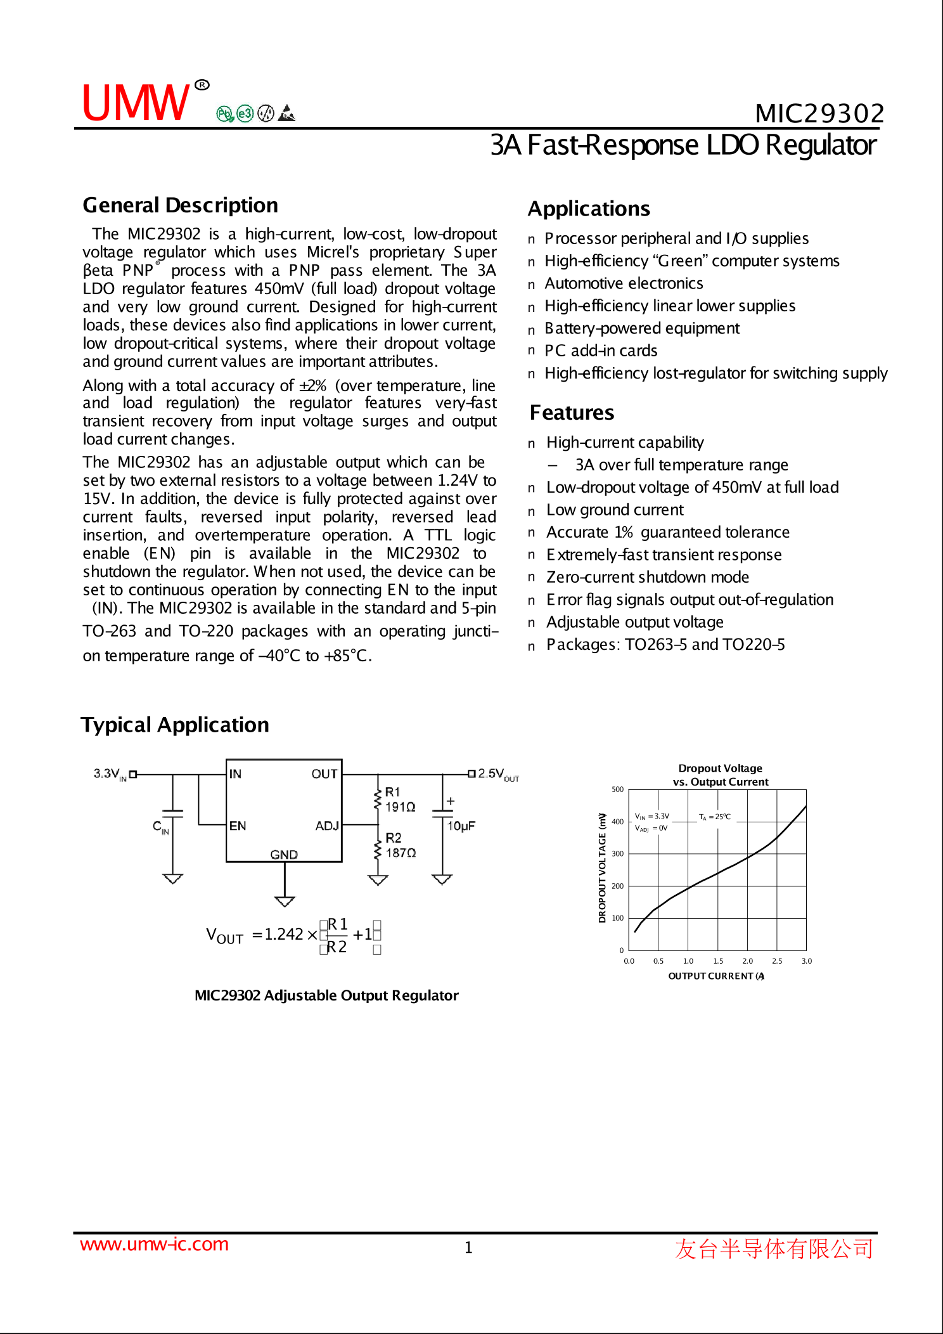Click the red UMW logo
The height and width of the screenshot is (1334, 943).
(136, 103)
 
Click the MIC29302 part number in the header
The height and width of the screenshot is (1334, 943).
(819, 114)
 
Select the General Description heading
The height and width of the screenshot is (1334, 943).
(180, 205)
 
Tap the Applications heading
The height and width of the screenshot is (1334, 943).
(589, 209)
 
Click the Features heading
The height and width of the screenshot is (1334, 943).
(572, 413)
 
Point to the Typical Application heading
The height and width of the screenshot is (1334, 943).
(175, 725)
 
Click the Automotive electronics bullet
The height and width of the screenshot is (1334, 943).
(624, 283)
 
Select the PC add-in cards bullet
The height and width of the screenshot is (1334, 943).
(601, 351)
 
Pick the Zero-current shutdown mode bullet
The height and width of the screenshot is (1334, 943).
(647, 577)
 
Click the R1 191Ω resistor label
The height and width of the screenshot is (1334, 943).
(400, 800)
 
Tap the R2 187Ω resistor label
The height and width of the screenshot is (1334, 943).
(401, 846)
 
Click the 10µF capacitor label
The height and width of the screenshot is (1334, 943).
(461, 826)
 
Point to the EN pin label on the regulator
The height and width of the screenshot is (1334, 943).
(238, 826)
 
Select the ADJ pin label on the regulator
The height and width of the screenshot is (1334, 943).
(327, 826)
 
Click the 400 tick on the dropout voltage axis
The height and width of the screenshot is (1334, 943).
(617, 822)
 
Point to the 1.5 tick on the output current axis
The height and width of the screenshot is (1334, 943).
(718, 961)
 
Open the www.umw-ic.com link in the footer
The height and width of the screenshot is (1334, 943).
(154, 1245)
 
